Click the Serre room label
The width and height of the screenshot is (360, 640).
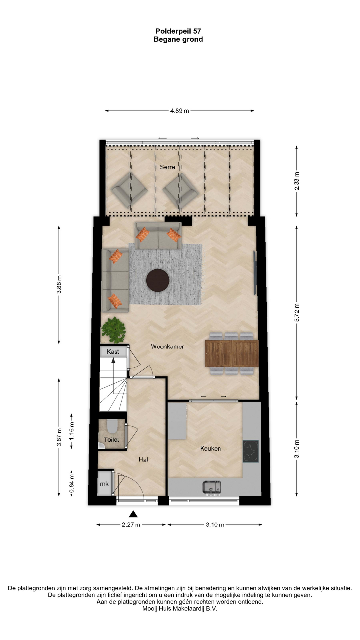[167, 167]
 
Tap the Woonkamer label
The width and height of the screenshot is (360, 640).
[167, 347]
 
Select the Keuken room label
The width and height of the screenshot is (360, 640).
[210, 449]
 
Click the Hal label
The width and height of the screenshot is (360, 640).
[143, 460]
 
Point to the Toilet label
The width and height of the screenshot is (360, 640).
[111, 440]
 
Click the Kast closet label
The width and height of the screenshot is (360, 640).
[113, 352]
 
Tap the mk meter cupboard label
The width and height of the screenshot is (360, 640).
[104, 484]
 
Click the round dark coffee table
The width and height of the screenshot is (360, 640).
[158, 280]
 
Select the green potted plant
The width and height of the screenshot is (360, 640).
[114, 330]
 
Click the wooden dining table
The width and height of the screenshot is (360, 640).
[232, 353]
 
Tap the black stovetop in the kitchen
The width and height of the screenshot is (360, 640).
[251, 451]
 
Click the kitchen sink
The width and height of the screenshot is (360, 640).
[212, 488]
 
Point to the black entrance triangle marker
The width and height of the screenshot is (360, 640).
[133, 514]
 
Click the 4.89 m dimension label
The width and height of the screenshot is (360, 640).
[180, 111]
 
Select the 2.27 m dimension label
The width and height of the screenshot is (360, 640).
[131, 525]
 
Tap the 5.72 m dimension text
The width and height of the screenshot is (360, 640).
[297, 313]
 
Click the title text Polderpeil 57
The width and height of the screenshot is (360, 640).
[178, 31]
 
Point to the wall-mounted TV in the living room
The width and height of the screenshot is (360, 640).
[255, 273]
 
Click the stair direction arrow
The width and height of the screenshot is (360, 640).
[113, 360]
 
